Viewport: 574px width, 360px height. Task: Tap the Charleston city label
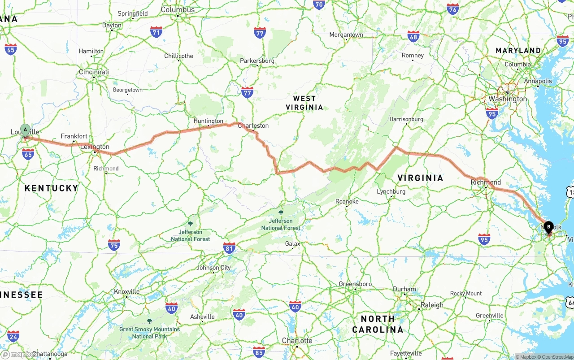(x=253, y=126)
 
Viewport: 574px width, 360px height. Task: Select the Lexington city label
(x=95, y=147)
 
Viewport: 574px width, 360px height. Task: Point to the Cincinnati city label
(x=94, y=72)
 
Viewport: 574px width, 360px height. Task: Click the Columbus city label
(x=178, y=9)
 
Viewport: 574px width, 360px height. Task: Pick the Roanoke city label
(x=347, y=201)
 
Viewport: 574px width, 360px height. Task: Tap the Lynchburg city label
(x=391, y=191)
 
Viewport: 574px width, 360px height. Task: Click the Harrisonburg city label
(x=406, y=119)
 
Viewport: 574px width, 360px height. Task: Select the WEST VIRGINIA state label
(x=304, y=103)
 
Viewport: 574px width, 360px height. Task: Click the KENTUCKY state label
(x=51, y=188)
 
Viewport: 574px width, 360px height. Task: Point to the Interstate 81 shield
(x=229, y=248)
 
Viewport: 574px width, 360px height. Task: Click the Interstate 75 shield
(x=114, y=244)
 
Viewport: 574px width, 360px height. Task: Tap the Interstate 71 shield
(x=156, y=32)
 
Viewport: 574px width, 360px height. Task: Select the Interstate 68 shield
(x=413, y=36)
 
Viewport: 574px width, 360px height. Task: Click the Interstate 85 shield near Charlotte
(x=259, y=351)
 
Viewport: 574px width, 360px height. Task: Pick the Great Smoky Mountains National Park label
(x=149, y=332)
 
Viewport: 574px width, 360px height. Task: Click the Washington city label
(x=508, y=99)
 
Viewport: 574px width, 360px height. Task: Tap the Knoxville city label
(x=127, y=291)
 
